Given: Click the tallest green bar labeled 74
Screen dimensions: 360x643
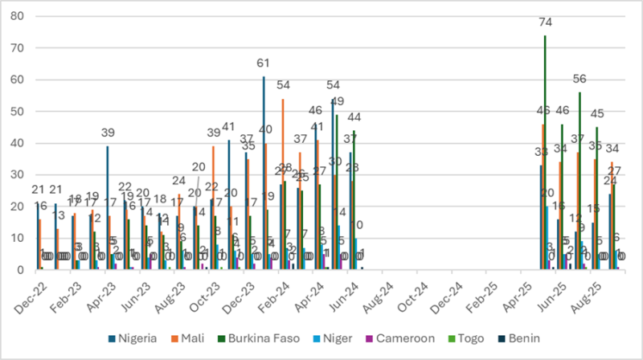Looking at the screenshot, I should tap(545, 153).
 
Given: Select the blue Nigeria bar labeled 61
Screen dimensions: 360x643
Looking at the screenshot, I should tap(264, 173).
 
